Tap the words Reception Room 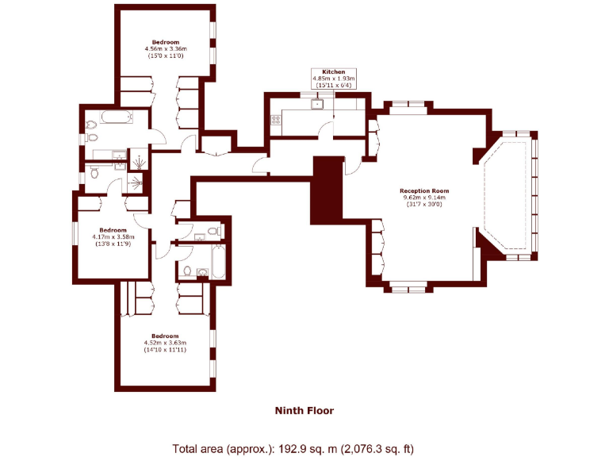pyautogui.click(x=424, y=190)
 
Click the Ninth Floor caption pyautogui.click(x=304, y=410)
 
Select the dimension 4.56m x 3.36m pyautogui.click(x=167, y=49)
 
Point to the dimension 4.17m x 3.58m pyautogui.click(x=113, y=236)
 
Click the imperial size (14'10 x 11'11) pyautogui.click(x=165, y=350)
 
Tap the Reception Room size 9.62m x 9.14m pyautogui.click(x=424, y=198)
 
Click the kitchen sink pyautogui.click(x=318, y=102)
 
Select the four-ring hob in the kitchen pyautogui.click(x=277, y=121)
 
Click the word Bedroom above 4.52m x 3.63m pyautogui.click(x=165, y=336)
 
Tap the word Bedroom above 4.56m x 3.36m pyautogui.click(x=167, y=41)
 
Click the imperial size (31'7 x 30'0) pyautogui.click(x=424, y=205)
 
